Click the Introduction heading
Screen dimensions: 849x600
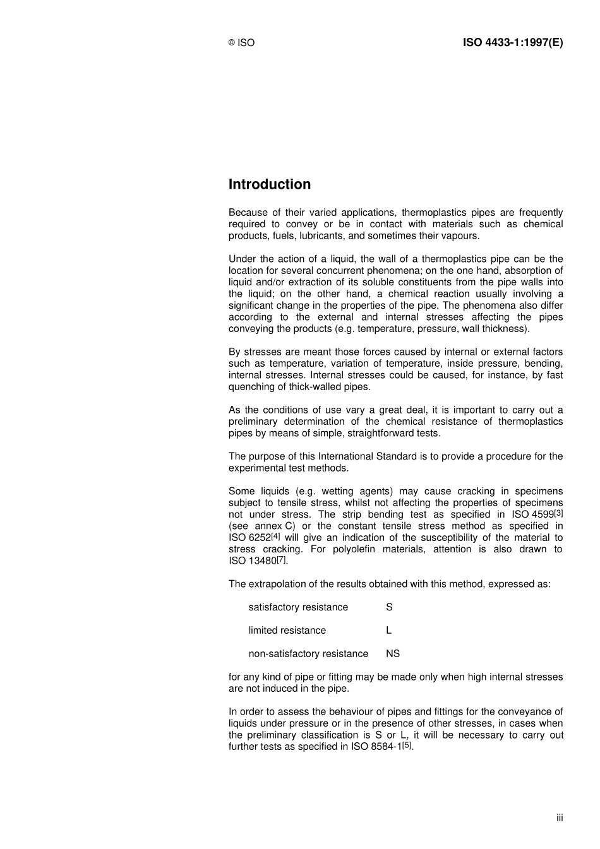[270, 184]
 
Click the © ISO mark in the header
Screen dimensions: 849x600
[241, 43]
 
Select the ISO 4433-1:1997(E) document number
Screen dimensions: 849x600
[512, 42]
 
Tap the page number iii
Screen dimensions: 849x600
[560, 817]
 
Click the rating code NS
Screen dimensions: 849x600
[393, 653]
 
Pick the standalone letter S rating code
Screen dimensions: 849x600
[389, 607]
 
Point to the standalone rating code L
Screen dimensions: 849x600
[388, 630]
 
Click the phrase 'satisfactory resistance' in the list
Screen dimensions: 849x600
[298, 607]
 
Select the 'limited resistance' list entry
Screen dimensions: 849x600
[287, 630]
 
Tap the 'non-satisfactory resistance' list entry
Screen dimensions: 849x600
[308, 653]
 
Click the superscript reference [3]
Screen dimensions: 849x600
[558, 513]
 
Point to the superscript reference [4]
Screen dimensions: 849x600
[275, 536]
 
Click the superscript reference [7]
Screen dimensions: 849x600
[282, 559]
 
